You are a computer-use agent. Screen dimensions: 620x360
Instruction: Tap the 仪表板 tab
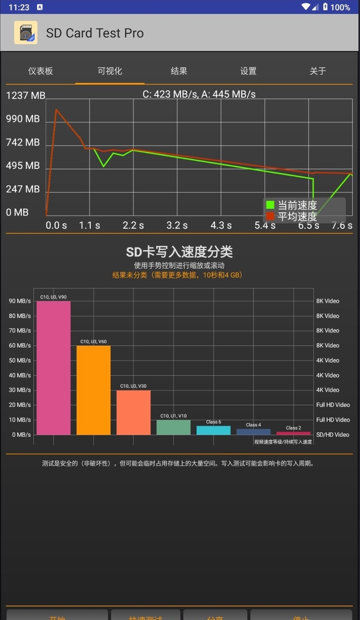40,71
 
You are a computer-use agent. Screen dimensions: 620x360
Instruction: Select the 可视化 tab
110,71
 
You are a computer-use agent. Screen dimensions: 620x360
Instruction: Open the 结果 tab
179,71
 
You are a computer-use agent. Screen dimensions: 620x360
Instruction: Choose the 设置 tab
248,71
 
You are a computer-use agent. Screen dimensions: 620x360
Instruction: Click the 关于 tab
318,71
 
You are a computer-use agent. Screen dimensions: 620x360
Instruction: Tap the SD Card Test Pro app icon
26,33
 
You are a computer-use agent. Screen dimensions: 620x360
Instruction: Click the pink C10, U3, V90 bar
53,367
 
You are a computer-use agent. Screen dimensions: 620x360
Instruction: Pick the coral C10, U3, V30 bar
133,412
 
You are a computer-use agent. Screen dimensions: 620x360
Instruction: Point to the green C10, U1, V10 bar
174,427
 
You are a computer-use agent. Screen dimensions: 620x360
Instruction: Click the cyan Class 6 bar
213,430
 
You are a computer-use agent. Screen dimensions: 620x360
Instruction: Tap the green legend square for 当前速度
270,205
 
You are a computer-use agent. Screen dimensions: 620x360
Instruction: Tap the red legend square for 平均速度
270,216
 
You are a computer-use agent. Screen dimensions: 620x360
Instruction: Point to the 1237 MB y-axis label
25,96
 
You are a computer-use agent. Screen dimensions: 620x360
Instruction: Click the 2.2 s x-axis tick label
133,226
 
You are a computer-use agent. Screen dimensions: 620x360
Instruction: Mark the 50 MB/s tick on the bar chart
20,360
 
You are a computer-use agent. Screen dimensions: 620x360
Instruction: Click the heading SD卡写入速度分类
179,252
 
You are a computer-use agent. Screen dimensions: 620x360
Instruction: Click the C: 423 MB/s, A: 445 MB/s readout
199,94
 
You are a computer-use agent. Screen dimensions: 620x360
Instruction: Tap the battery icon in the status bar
325,7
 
